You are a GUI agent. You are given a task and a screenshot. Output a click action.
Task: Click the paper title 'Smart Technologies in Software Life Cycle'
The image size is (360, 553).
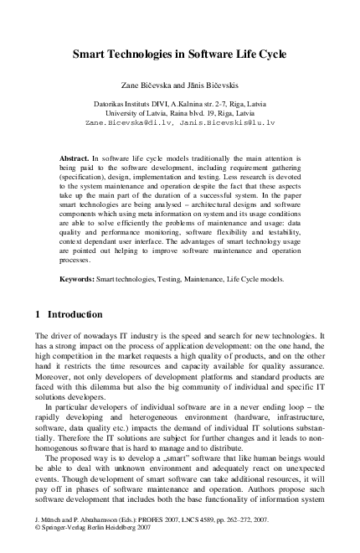tap(179, 54)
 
